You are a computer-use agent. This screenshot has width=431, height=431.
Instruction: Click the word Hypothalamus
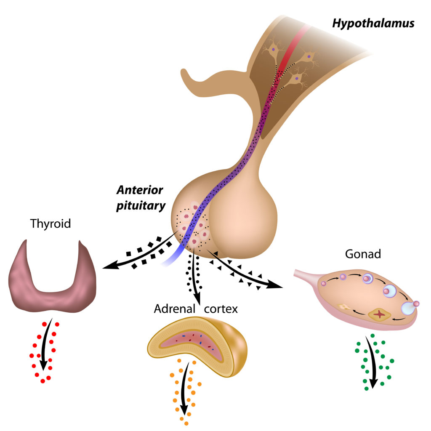pyautogui.click(x=373, y=23)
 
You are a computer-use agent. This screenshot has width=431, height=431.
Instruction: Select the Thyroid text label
pyautogui.click(x=51, y=223)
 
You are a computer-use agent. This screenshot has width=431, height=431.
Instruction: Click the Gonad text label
pyautogui.click(x=363, y=254)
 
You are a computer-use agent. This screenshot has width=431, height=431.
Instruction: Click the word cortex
pyautogui.click(x=221, y=309)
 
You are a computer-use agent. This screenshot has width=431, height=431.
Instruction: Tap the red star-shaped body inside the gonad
pyautogui.click(x=380, y=314)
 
